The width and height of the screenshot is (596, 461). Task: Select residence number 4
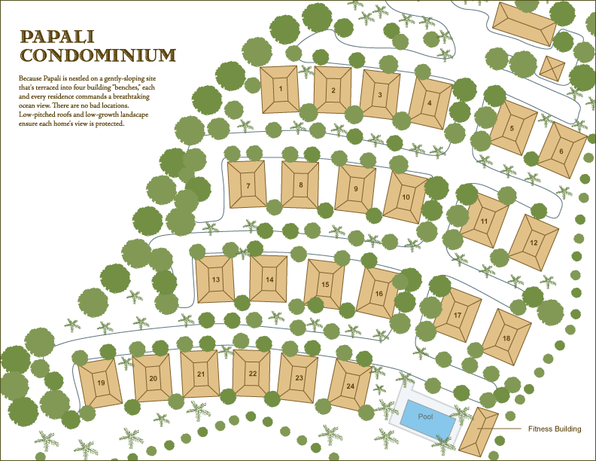(430, 103)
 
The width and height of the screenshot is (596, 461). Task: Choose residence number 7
(247, 185)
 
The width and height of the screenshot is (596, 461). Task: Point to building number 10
(406, 197)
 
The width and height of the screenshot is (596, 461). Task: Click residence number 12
(534, 243)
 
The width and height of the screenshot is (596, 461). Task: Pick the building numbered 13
(215, 279)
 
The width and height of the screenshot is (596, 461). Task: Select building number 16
(379, 293)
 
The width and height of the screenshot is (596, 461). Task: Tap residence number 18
(506, 338)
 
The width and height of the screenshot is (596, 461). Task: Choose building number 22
(252, 373)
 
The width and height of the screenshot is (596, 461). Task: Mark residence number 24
(351, 385)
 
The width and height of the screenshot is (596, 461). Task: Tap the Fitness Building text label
(554, 429)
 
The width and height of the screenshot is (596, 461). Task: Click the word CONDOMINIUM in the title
(98, 54)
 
